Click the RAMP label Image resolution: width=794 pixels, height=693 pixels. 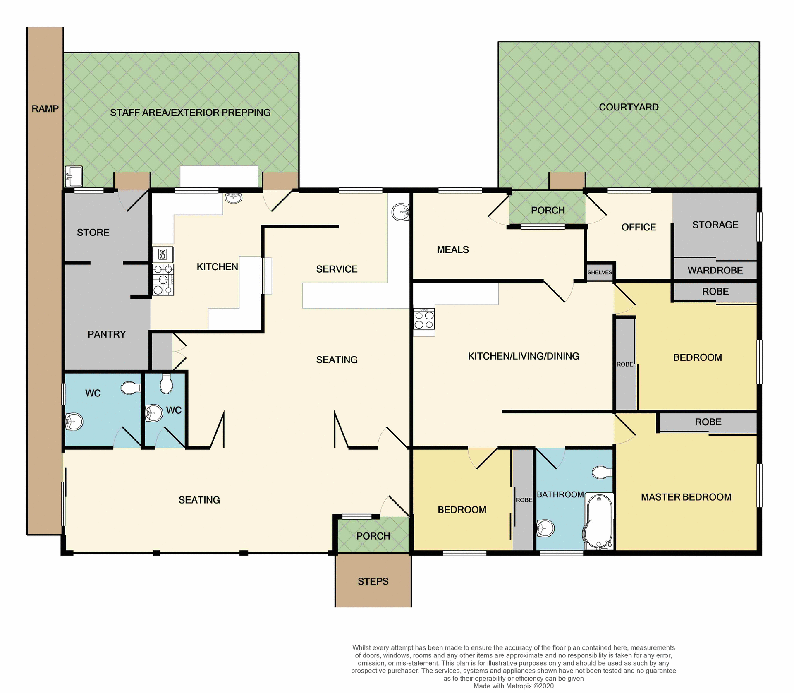45,109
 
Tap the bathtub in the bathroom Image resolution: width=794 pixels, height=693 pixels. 598,521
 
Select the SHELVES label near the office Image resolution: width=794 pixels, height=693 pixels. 599,272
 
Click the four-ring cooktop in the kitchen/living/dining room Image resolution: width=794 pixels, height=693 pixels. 424,319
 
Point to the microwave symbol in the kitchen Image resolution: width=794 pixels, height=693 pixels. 163,254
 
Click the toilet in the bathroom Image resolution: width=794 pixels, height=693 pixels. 602,472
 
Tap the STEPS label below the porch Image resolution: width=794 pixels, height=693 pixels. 373,581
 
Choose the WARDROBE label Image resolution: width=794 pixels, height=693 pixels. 715,270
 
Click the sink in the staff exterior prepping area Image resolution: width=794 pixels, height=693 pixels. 74,177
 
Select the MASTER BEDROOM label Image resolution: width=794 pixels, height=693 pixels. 686,497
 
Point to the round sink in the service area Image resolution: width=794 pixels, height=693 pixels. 400,212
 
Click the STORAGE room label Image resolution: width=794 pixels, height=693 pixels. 715,225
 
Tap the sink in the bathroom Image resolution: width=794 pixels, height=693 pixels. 545,528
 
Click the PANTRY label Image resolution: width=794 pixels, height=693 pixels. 106,334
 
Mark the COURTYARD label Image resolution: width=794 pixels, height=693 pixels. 628,107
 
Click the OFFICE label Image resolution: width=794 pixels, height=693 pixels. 638,227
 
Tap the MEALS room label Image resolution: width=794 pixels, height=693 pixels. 452,249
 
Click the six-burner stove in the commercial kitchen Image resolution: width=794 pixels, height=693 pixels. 163,280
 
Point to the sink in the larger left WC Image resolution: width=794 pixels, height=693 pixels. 74,422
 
